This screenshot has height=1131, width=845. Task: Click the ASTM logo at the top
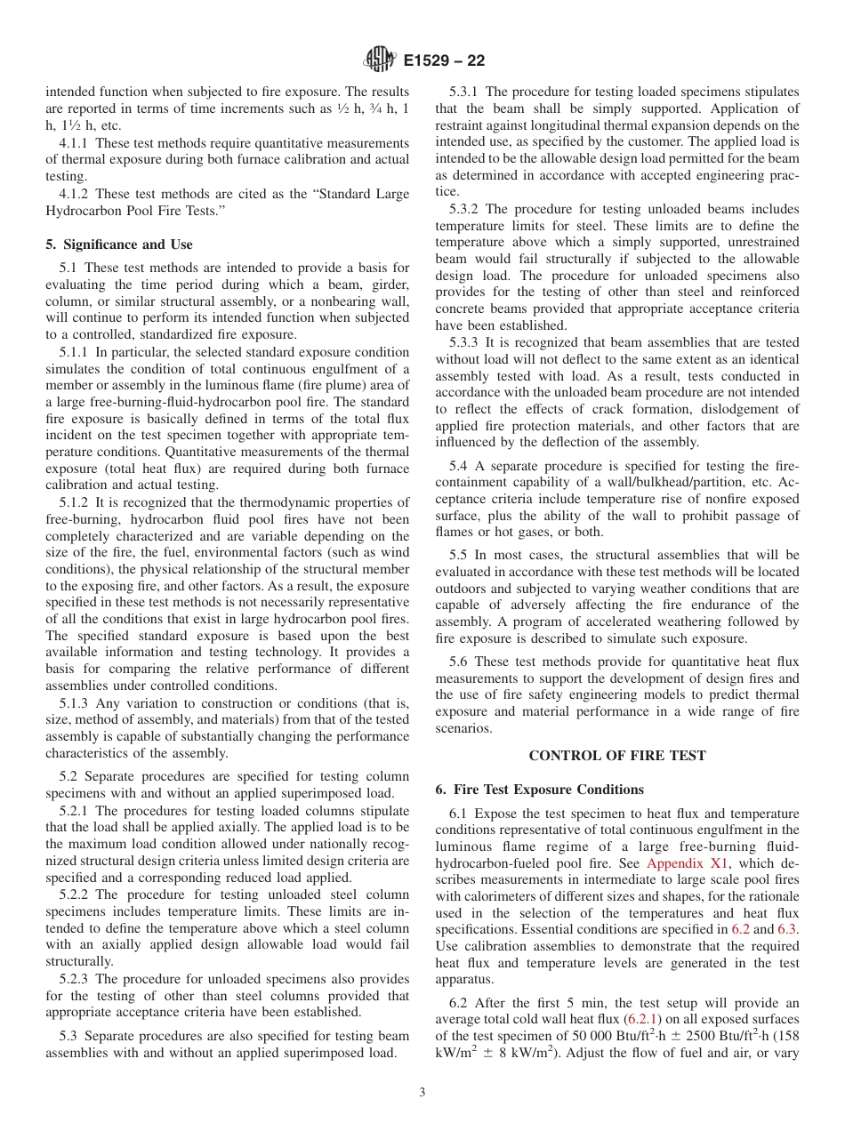pos(380,60)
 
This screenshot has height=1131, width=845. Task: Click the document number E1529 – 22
pos(444,61)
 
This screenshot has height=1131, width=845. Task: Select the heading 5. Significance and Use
pos(118,244)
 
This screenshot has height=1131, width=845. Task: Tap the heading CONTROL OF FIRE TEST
pos(616,756)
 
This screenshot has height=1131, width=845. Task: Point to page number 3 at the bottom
pos(422,1093)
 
